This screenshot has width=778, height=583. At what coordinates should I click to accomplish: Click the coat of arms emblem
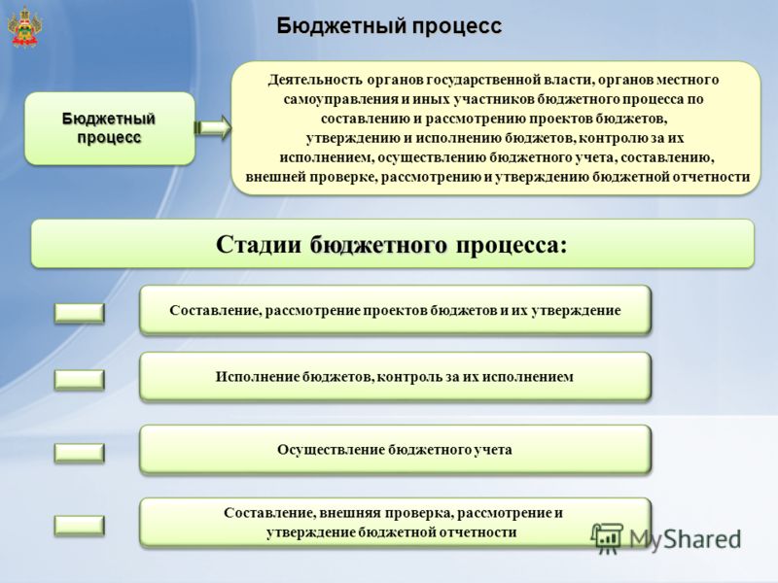[24, 28]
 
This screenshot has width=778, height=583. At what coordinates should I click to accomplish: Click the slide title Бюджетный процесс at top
[389, 26]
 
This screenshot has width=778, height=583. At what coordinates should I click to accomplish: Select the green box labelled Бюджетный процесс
[110, 128]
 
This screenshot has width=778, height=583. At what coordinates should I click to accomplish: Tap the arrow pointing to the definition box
[213, 128]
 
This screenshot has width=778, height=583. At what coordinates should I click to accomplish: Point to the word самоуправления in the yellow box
[341, 99]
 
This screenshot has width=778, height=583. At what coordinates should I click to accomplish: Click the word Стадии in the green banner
[259, 245]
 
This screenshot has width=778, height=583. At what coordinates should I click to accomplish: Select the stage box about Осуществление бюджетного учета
[395, 450]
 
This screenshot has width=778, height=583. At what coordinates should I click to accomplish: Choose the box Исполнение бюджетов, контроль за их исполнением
[395, 377]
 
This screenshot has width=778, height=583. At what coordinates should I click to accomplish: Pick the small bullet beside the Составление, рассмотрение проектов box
[80, 313]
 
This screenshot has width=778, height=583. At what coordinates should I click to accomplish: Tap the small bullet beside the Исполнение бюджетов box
[80, 380]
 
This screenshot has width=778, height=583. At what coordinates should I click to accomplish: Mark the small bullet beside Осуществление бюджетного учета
[80, 453]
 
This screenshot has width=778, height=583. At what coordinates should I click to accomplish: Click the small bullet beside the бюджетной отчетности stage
[80, 526]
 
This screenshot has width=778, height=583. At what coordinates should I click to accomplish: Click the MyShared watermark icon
[607, 538]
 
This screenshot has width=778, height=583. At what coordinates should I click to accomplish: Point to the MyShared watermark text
[686, 539]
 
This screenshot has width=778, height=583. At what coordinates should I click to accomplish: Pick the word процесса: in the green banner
[512, 246]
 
